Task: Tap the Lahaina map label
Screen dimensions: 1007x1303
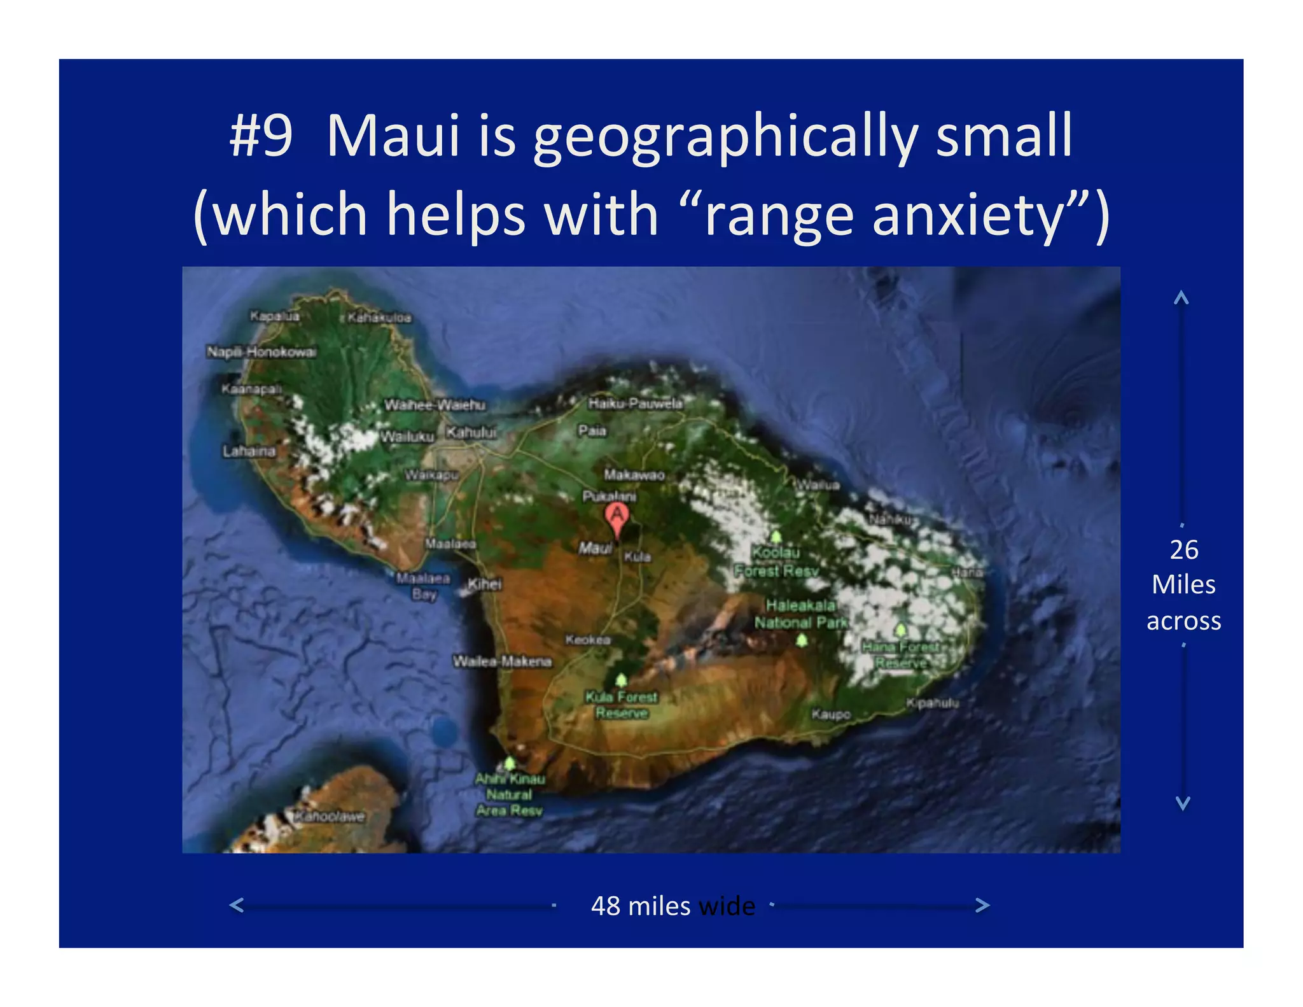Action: pyautogui.click(x=249, y=451)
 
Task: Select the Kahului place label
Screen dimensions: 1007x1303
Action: pyautogui.click(x=471, y=433)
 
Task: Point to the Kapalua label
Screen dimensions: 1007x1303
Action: pyautogui.click(x=274, y=316)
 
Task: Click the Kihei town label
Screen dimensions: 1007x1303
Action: pyautogui.click(x=485, y=584)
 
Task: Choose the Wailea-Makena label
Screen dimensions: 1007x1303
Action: pyautogui.click(x=502, y=661)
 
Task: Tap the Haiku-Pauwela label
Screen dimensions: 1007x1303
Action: pyautogui.click(x=635, y=404)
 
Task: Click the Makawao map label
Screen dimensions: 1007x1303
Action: pyautogui.click(x=634, y=475)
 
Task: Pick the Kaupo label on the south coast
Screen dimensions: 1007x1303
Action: pyautogui.click(x=831, y=714)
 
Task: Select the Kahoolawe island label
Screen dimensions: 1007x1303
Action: pyautogui.click(x=330, y=817)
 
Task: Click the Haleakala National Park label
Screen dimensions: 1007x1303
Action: pyautogui.click(x=800, y=614)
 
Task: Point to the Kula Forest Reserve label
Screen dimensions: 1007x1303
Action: pyautogui.click(x=622, y=705)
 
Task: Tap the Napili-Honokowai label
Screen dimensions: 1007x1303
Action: pyautogui.click(x=261, y=352)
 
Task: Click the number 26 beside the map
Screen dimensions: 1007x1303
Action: pyautogui.click(x=1183, y=550)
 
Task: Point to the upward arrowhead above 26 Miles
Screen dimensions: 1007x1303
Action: pyautogui.click(x=1181, y=297)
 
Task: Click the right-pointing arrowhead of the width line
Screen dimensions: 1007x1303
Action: pyautogui.click(x=982, y=905)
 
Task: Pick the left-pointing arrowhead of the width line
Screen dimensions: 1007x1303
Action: pyautogui.click(x=237, y=905)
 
